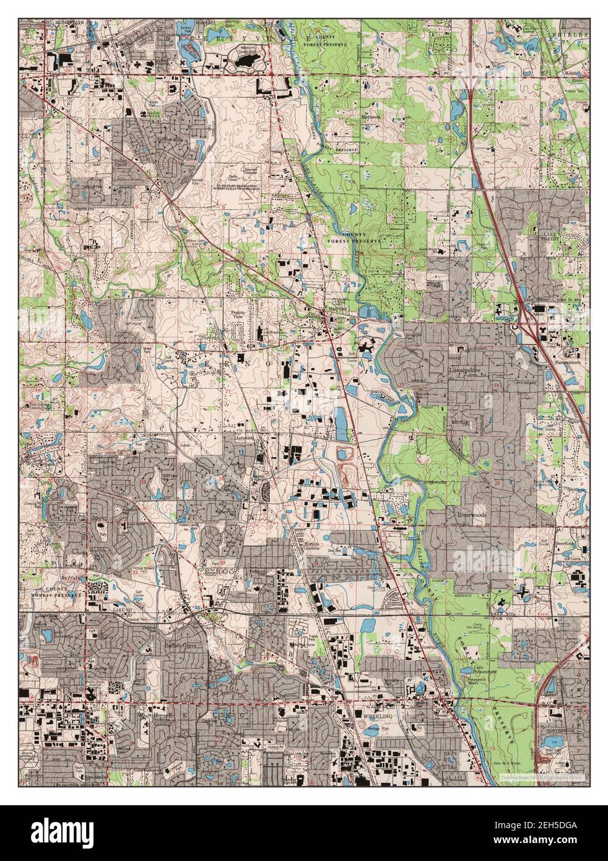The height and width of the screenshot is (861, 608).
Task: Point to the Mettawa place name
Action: [x=372, y=116]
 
